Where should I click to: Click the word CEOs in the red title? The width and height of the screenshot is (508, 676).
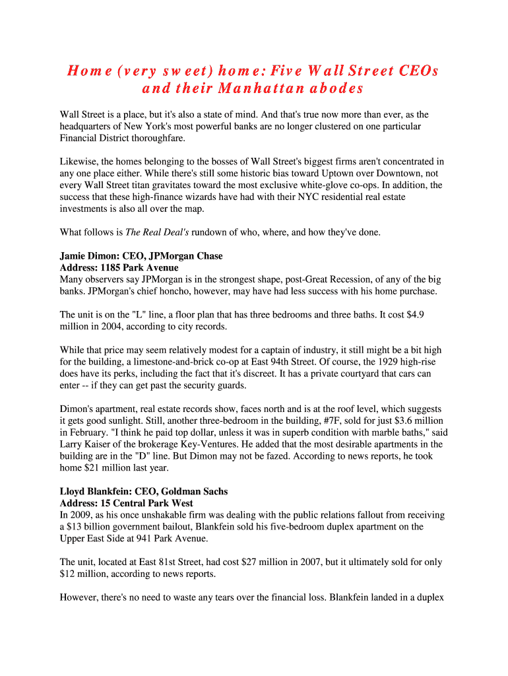419,71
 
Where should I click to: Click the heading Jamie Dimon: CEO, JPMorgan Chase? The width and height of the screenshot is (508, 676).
141,255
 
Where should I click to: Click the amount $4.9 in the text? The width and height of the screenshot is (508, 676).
414,315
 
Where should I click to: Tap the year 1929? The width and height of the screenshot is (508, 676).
356,362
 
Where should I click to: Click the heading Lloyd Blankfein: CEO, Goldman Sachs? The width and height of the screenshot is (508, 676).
144,491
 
